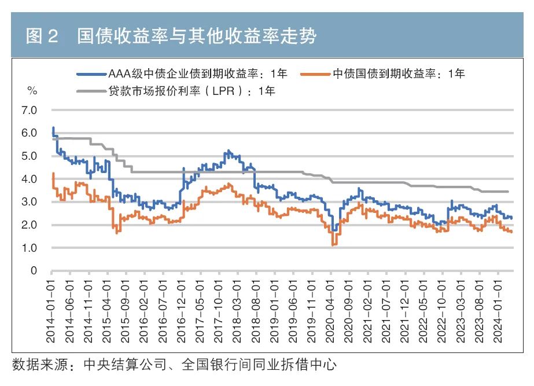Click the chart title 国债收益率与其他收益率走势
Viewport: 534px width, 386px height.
197,37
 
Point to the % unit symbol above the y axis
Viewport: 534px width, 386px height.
32,91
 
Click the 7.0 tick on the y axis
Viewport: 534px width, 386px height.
29,110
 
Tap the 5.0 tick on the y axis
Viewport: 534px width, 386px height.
29,156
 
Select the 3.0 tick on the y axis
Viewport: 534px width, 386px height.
29,202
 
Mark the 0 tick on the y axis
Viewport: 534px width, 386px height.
34,271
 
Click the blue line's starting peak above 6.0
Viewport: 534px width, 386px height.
53,128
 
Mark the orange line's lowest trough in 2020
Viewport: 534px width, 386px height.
333,245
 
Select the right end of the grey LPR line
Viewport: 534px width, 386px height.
508,192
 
